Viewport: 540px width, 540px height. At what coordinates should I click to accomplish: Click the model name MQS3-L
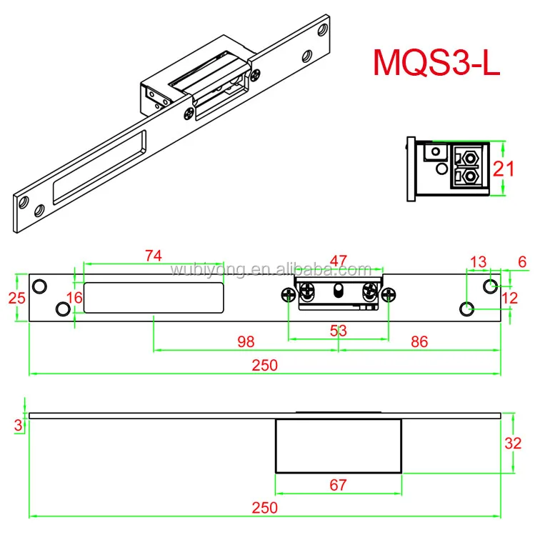[x=436, y=64]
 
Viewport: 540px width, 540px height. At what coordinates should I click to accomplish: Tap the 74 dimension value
[x=153, y=256]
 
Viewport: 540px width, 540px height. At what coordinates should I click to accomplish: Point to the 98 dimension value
[x=245, y=341]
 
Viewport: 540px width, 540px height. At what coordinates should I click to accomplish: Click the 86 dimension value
[x=419, y=341]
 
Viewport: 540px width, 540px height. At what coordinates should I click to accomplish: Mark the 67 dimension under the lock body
[x=338, y=485]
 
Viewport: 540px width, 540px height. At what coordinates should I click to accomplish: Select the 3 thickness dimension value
[x=18, y=425]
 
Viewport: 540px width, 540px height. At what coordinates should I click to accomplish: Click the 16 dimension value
[x=74, y=297]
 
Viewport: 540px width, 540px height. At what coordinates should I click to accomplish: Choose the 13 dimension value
[x=477, y=261]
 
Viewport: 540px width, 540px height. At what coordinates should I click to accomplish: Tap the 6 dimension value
[x=522, y=262]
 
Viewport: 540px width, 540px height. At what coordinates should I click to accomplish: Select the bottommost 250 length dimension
[x=264, y=507]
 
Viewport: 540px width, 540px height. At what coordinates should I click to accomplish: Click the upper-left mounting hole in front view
[x=40, y=286]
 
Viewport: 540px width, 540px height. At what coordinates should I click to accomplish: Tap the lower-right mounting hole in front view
[x=466, y=309]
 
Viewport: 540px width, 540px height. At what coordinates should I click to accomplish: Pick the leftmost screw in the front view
[x=288, y=294]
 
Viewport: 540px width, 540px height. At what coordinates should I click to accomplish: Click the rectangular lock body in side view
[x=338, y=446]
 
